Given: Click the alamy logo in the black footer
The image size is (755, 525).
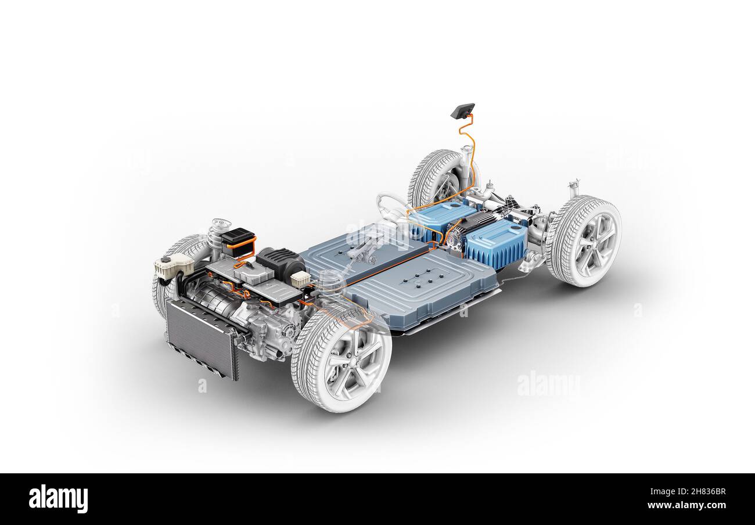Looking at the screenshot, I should (58, 499).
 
